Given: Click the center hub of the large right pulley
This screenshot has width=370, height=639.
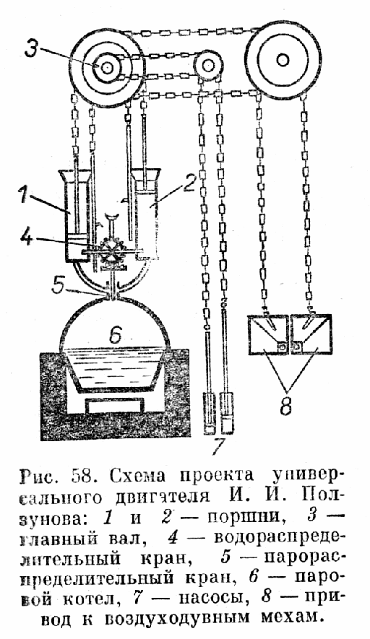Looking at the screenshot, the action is (x=280, y=60).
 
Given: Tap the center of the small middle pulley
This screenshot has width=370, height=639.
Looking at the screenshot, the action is (x=207, y=65).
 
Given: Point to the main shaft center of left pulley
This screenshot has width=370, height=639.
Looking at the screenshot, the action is (x=107, y=68).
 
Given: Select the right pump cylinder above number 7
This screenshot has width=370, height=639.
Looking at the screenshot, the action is (x=227, y=412).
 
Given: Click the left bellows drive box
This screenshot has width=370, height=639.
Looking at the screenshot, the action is (x=267, y=335).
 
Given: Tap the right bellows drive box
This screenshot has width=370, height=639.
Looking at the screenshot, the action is (x=311, y=335).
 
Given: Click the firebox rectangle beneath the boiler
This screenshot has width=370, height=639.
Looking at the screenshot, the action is (x=114, y=406).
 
